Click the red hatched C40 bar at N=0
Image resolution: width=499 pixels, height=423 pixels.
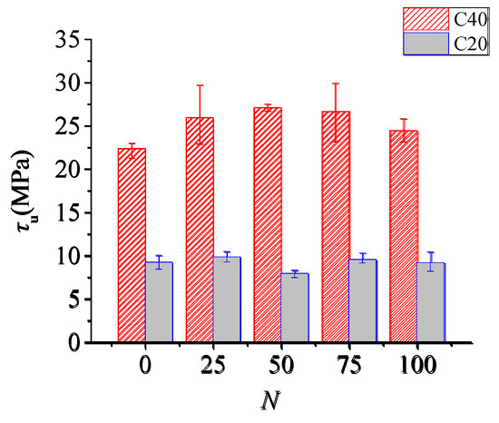pyautogui.click(x=132, y=246)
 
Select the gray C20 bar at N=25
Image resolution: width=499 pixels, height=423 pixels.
pyautogui.click(x=227, y=300)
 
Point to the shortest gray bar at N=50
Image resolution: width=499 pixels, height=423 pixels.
pyautogui.click(x=295, y=308)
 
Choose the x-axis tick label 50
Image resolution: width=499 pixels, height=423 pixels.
pyautogui.click(x=281, y=368)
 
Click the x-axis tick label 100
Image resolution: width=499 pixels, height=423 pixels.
pyautogui.click(x=417, y=368)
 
